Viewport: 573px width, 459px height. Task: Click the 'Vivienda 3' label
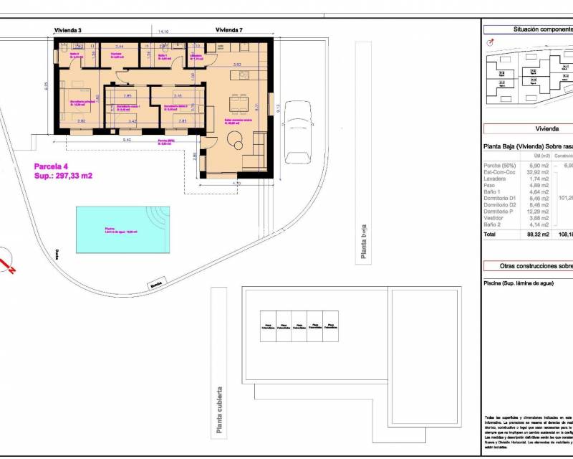point(69,30)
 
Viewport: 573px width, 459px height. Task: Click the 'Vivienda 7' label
point(229,30)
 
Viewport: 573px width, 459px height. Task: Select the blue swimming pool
point(122,230)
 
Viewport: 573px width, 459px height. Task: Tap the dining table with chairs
point(239,103)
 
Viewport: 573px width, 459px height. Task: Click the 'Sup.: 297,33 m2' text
point(64,176)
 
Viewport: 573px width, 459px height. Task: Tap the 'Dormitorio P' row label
point(500,211)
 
